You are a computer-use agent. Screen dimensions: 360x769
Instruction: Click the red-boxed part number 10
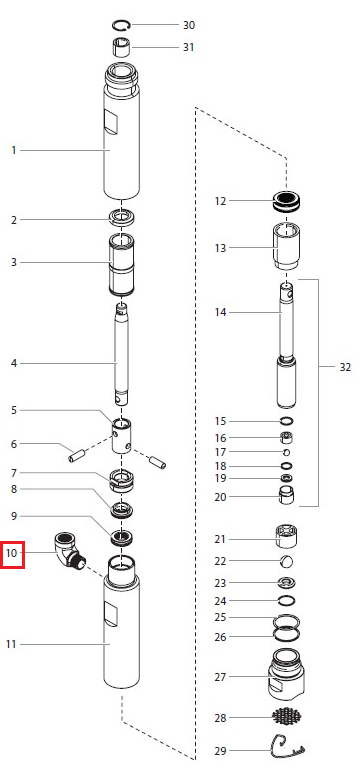point(12,553)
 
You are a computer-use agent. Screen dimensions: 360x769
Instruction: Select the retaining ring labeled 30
point(121,25)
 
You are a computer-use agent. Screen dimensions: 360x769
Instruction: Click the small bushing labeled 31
point(121,48)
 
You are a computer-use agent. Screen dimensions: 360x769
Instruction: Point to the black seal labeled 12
point(287,202)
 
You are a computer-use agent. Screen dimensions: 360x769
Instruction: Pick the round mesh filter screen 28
point(286,717)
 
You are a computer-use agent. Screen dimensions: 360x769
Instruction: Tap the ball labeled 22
point(287,561)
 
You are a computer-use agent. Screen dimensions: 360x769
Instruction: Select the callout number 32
point(345,367)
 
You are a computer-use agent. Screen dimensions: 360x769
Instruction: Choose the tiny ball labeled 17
point(287,452)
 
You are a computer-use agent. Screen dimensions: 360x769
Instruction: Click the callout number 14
point(220,312)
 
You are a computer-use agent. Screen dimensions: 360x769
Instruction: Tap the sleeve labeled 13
point(287,246)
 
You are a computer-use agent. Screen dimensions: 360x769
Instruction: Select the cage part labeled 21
point(287,537)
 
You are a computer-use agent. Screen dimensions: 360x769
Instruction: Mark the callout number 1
point(14,150)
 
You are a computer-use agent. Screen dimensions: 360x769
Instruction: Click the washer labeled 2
point(122,218)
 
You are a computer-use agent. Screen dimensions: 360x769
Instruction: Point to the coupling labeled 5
point(121,436)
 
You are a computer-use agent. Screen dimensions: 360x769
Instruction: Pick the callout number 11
point(11,644)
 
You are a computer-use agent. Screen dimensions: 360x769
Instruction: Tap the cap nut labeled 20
point(287,495)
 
